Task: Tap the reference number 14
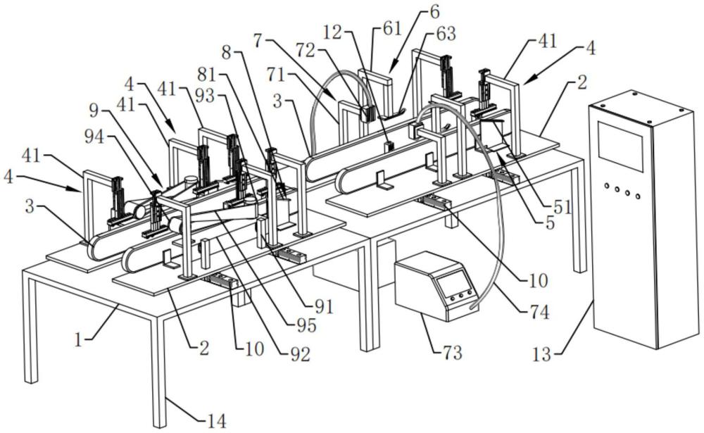[215, 422]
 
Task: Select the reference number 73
[451, 352]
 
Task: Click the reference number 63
[446, 34]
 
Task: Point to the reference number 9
[100, 110]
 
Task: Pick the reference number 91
[323, 306]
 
